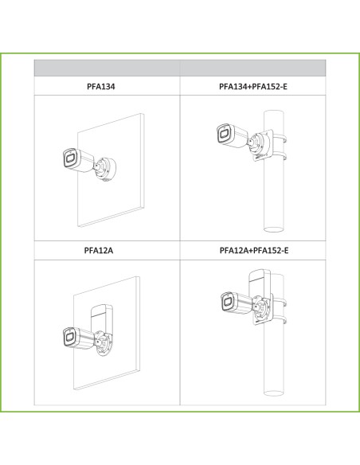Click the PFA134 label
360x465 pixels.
pyautogui.click(x=101, y=87)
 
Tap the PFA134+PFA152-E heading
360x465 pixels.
pyautogui.click(x=253, y=87)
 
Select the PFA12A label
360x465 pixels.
pyautogui.click(x=99, y=251)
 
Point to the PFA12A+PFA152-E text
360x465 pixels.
pyautogui.click(x=254, y=251)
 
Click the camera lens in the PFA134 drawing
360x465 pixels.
pyautogui.click(x=70, y=158)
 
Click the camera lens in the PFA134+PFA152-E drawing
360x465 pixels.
pyautogui.click(x=224, y=134)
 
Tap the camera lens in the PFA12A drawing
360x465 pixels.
pyautogui.click(x=70, y=337)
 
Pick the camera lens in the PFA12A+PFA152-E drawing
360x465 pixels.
pyautogui.click(x=228, y=303)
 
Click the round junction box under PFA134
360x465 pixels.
pyautogui.click(x=106, y=169)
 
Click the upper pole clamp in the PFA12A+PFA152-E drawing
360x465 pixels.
pyautogui.click(x=280, y=303)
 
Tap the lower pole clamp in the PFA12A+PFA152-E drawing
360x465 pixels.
pyautogui.click(x=280, y=320)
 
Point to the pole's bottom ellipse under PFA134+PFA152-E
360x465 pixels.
pyautogui.click(x=274, y=229)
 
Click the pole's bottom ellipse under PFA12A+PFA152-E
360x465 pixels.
pyautogui.click(x=273, y=393)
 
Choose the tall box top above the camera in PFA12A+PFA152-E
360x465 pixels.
pyautogui.click(x=259, y=275)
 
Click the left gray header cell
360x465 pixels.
pyautogui.click(x=107, y=68)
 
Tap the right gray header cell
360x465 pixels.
pyautogui.click(x=252, y=68)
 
